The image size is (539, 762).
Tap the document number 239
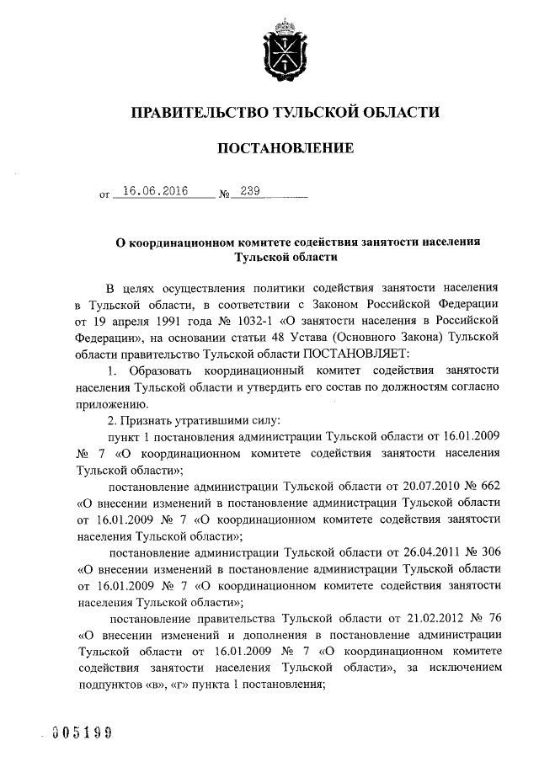[x=250, y=192]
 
